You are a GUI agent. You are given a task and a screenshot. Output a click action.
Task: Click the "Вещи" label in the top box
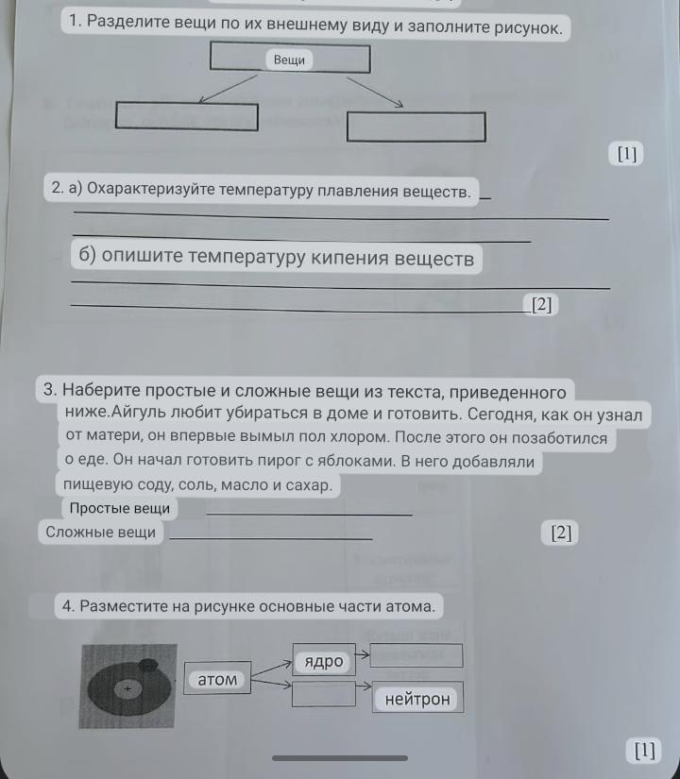(x=289, y=60)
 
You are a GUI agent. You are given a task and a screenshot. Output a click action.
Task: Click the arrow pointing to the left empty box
(x=228, y=89)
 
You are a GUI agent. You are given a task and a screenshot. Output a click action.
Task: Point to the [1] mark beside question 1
(x=626, y=154)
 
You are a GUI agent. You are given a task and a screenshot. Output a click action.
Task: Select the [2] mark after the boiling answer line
(x=541, y=304)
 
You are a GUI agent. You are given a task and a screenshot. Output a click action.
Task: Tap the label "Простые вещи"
(x=119, y=508)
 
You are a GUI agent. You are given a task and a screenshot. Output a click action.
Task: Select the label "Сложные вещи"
(x=100, y=533)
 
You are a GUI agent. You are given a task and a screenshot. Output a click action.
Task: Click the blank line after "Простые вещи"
(x=309, y=515)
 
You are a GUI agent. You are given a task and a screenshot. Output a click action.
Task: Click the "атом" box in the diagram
(x=217, y=678)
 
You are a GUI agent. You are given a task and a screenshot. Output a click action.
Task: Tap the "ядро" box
(x=324, y=660)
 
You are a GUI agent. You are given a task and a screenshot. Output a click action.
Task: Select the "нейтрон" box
(x=417, y=698)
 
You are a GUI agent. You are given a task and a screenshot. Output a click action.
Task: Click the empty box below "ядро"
(x=324, y=694)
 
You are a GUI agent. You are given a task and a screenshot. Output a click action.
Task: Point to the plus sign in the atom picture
(x=127, y=689)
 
